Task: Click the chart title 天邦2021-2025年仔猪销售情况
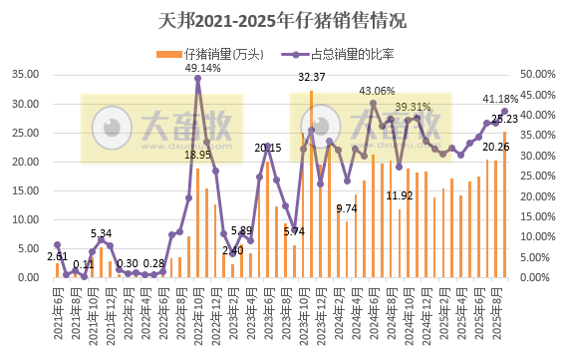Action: pyautogui.click(x=281, y=20)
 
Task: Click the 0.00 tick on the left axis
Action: pyautogui.click(x=31, y=277)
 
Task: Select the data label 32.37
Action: pyautogui.click(x=313, y=77)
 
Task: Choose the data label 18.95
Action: pyautogui.click(x=198, y=155)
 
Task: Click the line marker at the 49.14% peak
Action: pyautogui.click(x=197, y=79)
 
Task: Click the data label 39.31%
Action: pyautogui.click(x=414, y=106)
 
